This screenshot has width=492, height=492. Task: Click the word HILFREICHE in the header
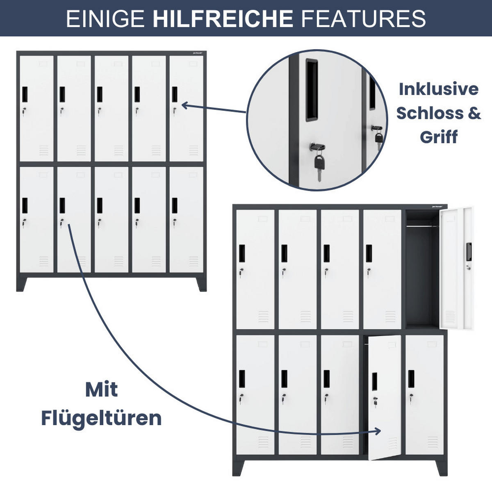click(x=223, y=18)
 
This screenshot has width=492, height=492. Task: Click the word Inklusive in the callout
click(x=438, y=89)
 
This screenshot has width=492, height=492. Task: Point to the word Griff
click(x=438, y=137)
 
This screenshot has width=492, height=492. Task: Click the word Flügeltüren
click(x=101, y=418)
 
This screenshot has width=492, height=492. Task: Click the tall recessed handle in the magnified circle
click(x=311, y=90)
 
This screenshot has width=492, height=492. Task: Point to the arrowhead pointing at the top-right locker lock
click(x=184, y=105)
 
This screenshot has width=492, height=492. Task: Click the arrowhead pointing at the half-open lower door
click(x=378, y=431)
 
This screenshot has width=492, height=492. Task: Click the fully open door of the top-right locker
click(x=456, y=269)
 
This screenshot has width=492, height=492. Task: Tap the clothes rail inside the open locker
click(x=422, y=225)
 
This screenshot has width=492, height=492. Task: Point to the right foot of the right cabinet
click(x=441, y=467)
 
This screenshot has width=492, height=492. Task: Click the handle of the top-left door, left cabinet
click(x=24, y=94)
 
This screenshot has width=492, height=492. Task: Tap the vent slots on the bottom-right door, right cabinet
click(x=433, y=442)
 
